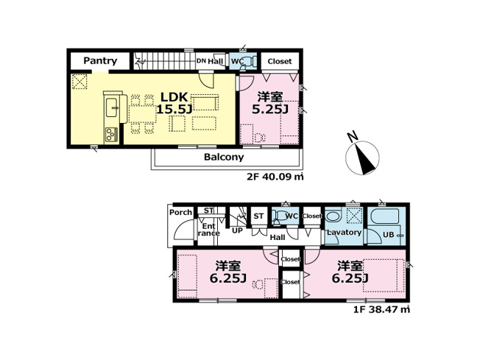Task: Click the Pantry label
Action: [99, 61]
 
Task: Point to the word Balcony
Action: [224, 158]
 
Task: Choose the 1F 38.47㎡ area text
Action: [382, 310]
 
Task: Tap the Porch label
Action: [180, 213]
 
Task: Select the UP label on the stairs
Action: [238, 230]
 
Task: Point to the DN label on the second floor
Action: [200, 61]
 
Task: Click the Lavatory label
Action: [344, 233]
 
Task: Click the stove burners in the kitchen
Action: [110, 134]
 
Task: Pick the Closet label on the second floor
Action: [279, 61]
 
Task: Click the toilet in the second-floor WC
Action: [247, 61]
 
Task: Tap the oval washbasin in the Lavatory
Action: [333, 217]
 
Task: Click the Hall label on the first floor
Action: [278, 238]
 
